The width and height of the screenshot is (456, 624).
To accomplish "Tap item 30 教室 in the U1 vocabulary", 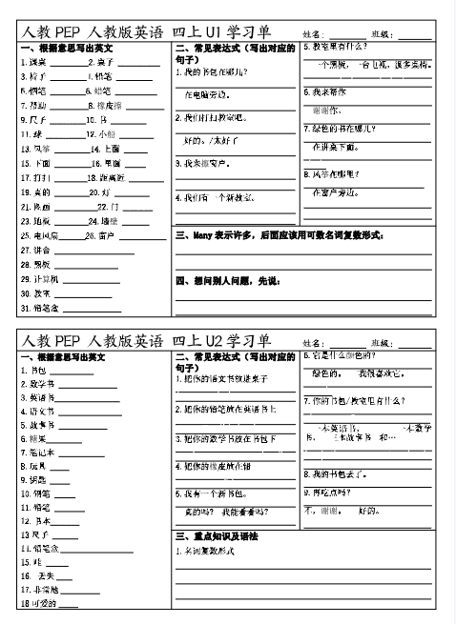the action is pyautogui.click(x=35, y=292).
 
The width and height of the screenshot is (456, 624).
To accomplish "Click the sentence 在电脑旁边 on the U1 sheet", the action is pyautogui.click(x=205, y=95).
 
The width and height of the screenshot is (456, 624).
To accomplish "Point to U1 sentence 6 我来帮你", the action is pyautogui.click(x=324, y=92).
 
